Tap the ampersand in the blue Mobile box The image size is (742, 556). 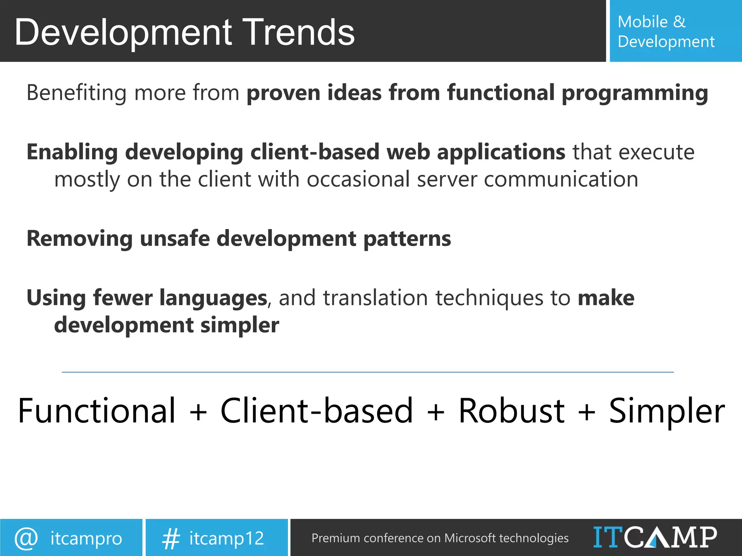679,22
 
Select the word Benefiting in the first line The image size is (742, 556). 76,93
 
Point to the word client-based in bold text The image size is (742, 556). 315,152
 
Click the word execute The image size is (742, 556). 656,152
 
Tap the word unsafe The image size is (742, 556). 175,239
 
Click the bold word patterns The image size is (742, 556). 407,239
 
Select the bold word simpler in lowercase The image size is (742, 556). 239,325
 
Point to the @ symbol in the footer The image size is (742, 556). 26,538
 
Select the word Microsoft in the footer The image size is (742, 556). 470,538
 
